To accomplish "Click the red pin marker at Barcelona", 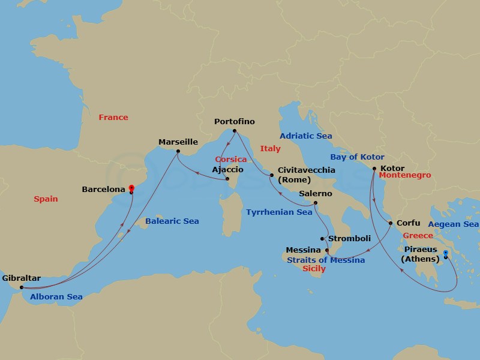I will coord(131,188).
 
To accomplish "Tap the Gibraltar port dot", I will coord(22,287).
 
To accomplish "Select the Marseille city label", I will coord(178,142).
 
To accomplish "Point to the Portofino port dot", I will coord(235,131).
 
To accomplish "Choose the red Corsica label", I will coord(231,159).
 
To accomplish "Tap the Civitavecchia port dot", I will coord(271,175).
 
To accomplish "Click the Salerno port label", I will coord(315,193).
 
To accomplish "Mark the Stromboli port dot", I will coord(322,239).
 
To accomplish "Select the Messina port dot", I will coord(326,250).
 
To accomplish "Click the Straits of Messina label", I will coord(326,260).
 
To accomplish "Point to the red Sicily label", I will coord(314,269).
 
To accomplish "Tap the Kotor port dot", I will coord(374,169).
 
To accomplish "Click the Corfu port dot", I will coord(391,224).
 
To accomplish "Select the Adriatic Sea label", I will coord(306,136).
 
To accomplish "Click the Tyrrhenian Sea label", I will coord(279,212).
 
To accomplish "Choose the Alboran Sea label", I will coord(52,297).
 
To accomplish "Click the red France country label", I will coord(113,118).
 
